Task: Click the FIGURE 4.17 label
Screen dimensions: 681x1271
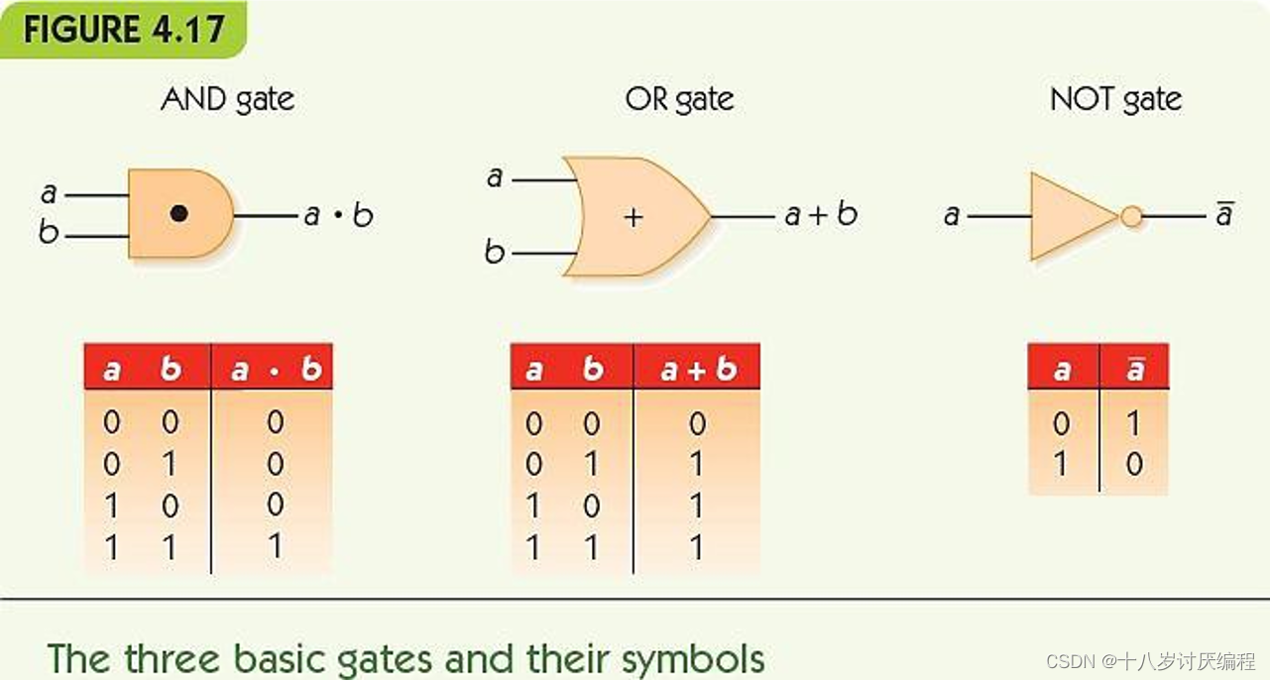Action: [123, 30]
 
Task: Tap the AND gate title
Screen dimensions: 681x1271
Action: [227, 100]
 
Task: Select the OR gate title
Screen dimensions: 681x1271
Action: [679, 100]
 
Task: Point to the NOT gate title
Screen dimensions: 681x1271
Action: [1115, 100]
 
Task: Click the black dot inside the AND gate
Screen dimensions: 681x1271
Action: [178, 213]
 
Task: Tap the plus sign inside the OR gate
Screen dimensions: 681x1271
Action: [634, 217]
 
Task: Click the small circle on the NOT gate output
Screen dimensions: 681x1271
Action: [1131, 216]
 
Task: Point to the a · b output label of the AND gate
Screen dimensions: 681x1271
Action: [338, 215]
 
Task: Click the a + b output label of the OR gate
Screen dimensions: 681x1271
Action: [820, 215]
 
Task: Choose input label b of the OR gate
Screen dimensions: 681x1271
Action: [494, 253]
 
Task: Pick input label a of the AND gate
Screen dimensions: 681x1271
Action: [49, 193]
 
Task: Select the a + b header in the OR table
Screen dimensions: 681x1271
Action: [697, 370]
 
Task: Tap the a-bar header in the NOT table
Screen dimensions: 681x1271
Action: [1135, 370]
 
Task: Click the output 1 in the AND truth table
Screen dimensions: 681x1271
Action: [275, 545]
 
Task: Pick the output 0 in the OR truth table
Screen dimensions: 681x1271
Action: [697, 424]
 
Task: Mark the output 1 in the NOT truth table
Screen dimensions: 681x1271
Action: [1134, 424]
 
